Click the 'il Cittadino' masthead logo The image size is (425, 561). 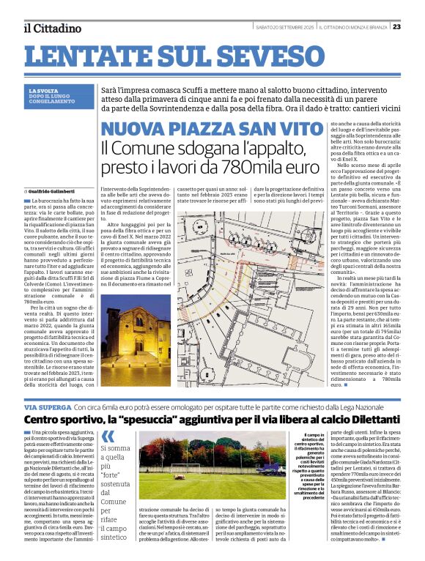[53, 29]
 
